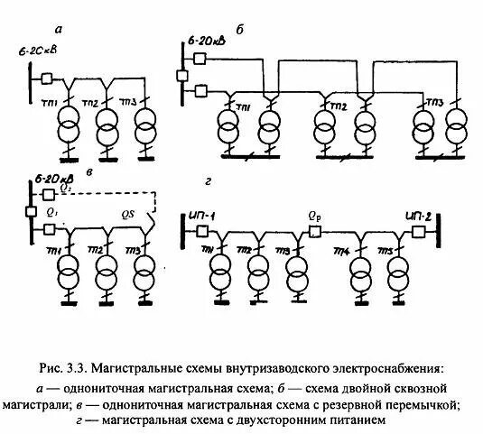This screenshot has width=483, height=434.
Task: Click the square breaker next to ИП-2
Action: tap(419, 232)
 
